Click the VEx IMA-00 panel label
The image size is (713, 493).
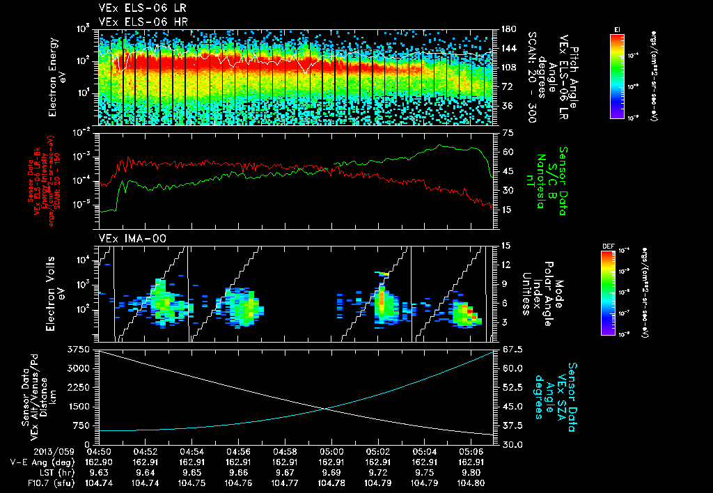click(127, 238)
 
